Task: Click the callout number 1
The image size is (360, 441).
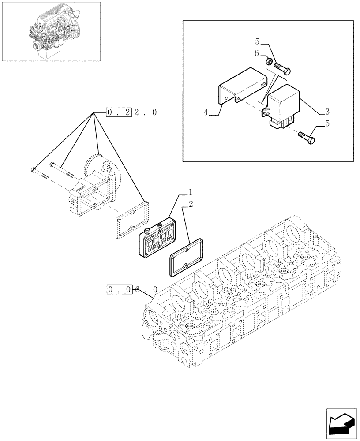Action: coord(190,193)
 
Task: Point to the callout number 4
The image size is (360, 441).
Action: coord(206,113)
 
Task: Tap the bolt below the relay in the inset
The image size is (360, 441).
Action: coord(307,138)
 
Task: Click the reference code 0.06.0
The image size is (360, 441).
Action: coord(132,289)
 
